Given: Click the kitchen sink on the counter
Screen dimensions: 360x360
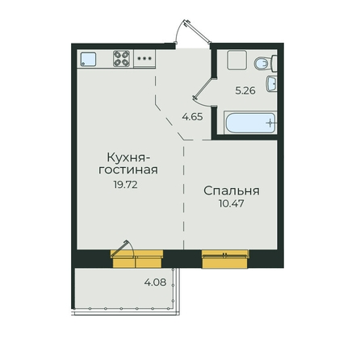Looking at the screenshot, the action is click(88, 59).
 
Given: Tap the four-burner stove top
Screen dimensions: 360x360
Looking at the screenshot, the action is click(121, 58).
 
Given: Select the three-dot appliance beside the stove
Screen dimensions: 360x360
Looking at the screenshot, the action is click(144, 58).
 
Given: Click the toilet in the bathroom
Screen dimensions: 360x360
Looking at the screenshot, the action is click(266, 64).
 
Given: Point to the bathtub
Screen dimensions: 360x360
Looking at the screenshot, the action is click(250, 123).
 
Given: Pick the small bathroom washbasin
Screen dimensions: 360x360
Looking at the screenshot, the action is click(272, 84).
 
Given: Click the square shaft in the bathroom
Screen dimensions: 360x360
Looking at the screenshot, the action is click(237, 60).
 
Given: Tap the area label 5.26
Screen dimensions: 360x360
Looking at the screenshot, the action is click(245, 90).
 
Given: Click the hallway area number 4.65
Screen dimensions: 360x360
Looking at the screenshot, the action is click(192, 117).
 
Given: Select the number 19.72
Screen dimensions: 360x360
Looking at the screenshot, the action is click(125, 185).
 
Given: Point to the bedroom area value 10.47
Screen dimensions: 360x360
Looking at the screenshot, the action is click(232, 203).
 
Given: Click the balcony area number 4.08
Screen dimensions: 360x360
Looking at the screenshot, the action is click(155, 283).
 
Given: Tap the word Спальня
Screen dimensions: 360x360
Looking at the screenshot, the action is click(232, 191).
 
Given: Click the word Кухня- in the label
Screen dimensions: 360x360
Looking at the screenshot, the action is click(127, 157).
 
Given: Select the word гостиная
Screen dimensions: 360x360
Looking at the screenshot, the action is click(128, 170).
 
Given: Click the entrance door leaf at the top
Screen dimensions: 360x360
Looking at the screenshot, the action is click(197, 31).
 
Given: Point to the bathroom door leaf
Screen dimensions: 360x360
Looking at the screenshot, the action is click(203, 88).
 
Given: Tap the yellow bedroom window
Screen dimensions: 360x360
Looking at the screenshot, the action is click(225, 259).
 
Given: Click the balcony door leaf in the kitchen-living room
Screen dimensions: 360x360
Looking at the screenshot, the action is click(119, 249).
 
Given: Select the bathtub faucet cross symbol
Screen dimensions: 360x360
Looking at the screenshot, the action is click(270, 123).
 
